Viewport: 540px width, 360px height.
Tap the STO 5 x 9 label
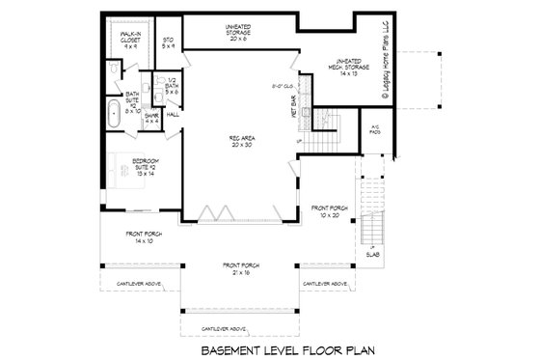click(168, 42)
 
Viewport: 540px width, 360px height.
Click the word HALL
click(173, 114)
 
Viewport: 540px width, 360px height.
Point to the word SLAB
click(372, 254)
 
